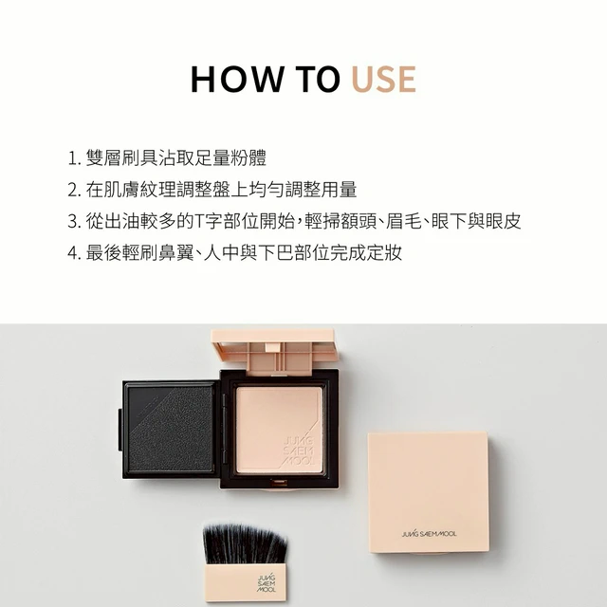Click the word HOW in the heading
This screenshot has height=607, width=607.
point(237,79)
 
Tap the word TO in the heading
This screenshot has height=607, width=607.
point(318,79)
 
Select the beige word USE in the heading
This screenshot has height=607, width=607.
point(383,79)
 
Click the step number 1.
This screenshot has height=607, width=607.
point(74,158)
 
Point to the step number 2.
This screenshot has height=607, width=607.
point(74,190)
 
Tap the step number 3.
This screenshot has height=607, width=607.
point(74,221)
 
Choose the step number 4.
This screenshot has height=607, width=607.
point(74,253)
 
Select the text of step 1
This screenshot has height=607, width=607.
point(176,158)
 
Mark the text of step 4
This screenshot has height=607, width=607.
point(244,253)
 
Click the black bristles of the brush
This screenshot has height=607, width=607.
point(245,543)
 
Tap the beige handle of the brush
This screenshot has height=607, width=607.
point(246,582)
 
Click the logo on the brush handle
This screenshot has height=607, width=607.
point(267,582)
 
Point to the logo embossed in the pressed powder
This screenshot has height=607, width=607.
point(299,451)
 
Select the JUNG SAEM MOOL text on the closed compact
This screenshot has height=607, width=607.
point(429,534)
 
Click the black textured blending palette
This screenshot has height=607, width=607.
point(171,430)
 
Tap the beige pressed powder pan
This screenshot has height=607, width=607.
point(279,430)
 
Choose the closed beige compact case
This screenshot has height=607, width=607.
point(428,492)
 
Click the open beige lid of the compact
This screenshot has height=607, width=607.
point(276,351)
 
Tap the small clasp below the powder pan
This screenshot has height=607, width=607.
point(279,483)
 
